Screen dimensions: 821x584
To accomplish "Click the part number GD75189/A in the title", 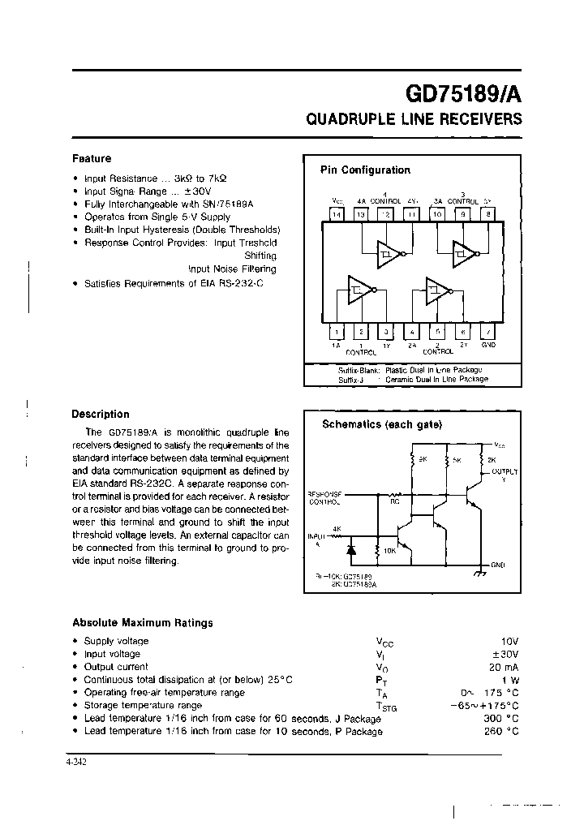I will tap(458, 92).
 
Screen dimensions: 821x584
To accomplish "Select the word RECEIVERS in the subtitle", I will tap(480, 119).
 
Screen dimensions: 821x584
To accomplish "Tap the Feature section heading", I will tap(92, 159).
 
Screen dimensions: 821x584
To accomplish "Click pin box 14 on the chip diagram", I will tap(337, 214).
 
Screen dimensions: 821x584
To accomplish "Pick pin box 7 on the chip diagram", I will tap(487, 331).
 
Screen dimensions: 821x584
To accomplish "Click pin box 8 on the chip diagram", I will tap(487, 214).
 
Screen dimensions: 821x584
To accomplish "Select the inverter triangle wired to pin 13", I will tap(387, 255).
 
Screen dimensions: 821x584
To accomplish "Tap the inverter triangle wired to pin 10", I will tap(463, 255).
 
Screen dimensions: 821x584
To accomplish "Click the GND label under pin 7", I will tap(487, 345).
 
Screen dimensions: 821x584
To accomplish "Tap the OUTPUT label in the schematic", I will tap(505, 471).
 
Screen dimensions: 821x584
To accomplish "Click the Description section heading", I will tap(101, 415).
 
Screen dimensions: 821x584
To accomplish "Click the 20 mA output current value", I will tap(503, 667).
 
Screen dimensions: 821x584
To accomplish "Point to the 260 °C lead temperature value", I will tap(502, 732).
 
